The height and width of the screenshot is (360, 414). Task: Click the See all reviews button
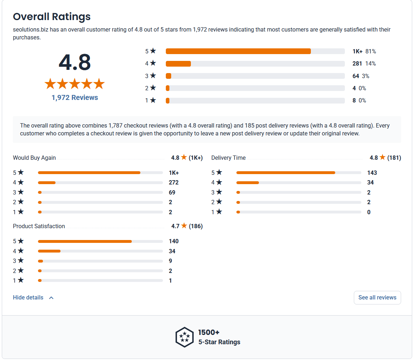(377, 297)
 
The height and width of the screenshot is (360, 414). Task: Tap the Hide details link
(28, 297)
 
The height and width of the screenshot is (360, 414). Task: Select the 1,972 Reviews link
(75, 97)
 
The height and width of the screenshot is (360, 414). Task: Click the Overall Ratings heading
(52, 16)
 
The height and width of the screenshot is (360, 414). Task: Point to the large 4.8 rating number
(75, 62)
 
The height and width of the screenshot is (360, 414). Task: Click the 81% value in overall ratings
(371, 51)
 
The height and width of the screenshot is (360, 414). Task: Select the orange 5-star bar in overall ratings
(238, 51)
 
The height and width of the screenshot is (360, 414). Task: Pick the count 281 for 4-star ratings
(357, 63)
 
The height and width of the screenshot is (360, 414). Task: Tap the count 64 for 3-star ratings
(356, 76)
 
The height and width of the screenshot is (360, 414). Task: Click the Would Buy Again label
(34, 158)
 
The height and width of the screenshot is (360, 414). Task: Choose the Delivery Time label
(228, 158)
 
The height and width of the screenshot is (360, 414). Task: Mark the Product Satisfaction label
(39, 226)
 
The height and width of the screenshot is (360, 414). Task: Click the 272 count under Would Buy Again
(174, 183)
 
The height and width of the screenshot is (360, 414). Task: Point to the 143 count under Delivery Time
(372, 173)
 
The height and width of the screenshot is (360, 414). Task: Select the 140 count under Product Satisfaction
(174, 241)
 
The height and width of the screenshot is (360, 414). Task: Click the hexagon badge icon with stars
(184, 337)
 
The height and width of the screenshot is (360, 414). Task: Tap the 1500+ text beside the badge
(209, 332)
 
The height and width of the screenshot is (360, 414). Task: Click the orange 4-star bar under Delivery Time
(248, 183)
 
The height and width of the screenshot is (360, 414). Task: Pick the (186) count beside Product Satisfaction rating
(196, 226)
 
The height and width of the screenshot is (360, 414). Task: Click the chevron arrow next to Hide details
(51, 298)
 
